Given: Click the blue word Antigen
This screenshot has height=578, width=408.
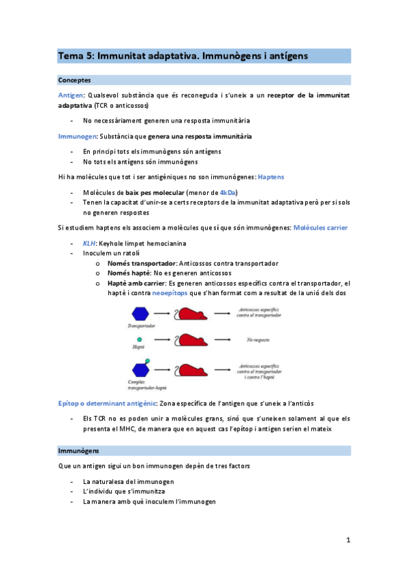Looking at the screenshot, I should (x=71, y=95).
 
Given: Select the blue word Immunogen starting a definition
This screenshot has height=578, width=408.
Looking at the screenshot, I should (x=76, y=136).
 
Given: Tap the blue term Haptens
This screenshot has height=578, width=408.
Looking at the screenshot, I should (x=270, y=177).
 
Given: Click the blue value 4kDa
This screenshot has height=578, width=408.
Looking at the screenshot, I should (x=228, y=192).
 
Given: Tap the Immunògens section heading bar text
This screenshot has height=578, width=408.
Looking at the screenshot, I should (x=79, y=451).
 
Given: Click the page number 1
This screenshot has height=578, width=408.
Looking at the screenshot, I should (x=347, y=541).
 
